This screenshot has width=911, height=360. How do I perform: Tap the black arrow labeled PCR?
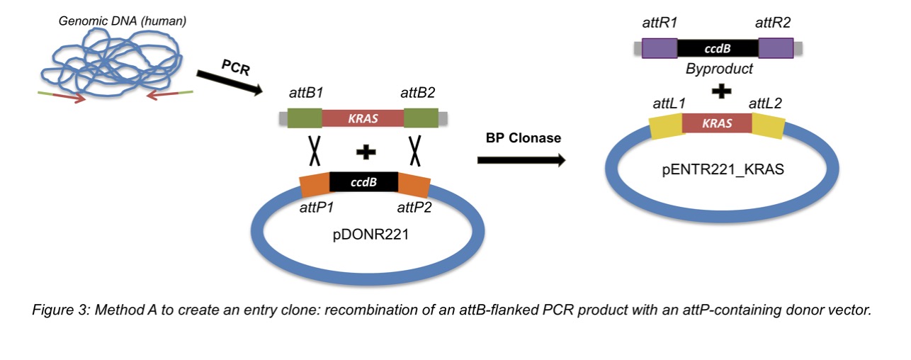pyautogui.click(x=228, y=79)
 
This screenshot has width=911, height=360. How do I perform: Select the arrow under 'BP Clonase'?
pyautogui.click(x=521, y=160)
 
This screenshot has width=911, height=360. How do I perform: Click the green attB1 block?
pyautogui.click(x=305, y=118)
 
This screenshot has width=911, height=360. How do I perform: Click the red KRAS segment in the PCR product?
pyautogui.click(x=362, y=118)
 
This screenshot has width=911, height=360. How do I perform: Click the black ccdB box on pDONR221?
pyautogui.click(x=363, y=182)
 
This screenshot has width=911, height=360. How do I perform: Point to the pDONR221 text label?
pyautogui.click(x=366, y=233)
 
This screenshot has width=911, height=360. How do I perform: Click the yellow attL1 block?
pyautogui.click(x=666, y=125)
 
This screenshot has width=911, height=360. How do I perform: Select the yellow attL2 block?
pyautogui.click(x=767, y=125)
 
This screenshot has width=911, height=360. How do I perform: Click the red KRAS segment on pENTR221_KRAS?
pyautogui.click(x=716, y=124)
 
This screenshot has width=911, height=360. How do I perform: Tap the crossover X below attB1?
pyautogui.click(x=311, y=150)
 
